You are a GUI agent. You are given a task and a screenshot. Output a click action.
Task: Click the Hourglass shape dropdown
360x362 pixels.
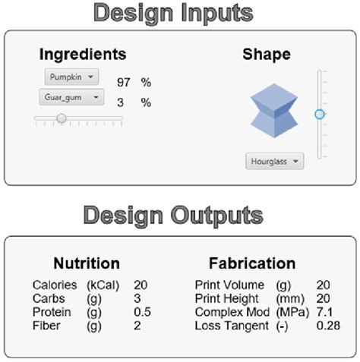[x=274, y=161]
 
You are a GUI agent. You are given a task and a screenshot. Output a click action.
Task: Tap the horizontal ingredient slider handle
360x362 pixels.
[x=62, y=118]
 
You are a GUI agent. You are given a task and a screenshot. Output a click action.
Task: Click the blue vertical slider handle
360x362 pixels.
[x=320, y=114]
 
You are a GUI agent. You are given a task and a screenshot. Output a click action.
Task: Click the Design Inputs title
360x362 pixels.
[x=179, y=13]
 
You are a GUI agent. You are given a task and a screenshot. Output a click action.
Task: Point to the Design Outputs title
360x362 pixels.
[x=179, y=215]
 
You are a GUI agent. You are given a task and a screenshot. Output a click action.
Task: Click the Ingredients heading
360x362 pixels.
[x=83, y=55]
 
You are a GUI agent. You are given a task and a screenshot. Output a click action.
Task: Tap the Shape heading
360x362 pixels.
[x=266, y=55]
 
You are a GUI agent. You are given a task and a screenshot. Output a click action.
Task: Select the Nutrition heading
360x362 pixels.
[x=86, y=263]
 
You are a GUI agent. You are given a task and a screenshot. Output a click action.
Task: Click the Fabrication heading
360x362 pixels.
[x=252, y=263]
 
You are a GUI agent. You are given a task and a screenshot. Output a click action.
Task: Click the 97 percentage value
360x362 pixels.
[x=125, y=80]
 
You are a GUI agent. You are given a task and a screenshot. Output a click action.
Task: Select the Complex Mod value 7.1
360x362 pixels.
[x=324, y=312]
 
